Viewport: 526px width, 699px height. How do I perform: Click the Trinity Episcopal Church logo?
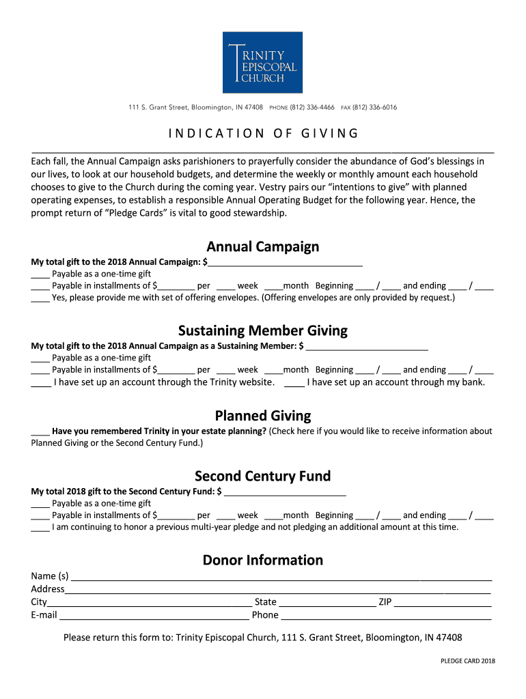[263, 62]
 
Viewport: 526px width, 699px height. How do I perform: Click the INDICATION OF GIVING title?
[263, 133]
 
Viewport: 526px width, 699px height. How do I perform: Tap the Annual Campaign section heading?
[263, 246]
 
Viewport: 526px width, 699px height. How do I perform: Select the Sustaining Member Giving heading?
[263, 331]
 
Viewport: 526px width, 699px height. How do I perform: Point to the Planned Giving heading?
[263, 416]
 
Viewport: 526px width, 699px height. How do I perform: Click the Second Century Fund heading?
[263, 476]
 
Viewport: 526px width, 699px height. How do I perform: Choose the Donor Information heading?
[263, 560]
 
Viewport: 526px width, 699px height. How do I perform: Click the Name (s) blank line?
[281, 577]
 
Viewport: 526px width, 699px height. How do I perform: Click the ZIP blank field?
[443, 603]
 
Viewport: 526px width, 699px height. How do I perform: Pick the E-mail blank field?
[154, 616]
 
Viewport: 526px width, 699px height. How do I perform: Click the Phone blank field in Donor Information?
[386, 616]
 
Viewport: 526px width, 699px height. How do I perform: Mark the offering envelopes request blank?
[40, 298]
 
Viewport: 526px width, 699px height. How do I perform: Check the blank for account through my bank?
[294, 383]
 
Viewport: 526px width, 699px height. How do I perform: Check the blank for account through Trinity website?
[40, 383]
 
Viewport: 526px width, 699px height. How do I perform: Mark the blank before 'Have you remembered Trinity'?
[40, 432]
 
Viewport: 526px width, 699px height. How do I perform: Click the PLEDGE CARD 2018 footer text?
[468, 661]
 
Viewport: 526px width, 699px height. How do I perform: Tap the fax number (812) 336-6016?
[374, 108]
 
